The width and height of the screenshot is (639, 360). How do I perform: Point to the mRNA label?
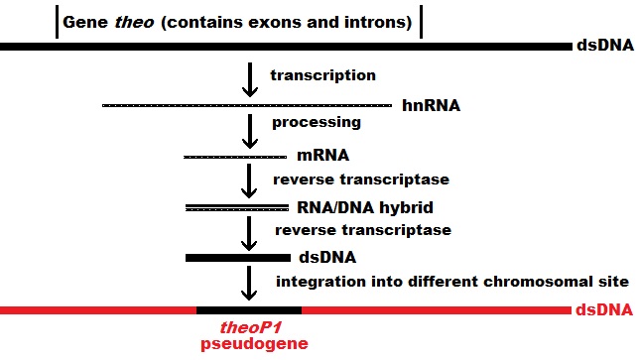(323, 156)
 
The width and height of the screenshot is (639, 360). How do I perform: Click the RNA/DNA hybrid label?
(366, 207)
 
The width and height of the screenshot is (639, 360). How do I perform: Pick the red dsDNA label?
(603, 310)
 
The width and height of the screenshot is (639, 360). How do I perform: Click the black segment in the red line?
(248, 310)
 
